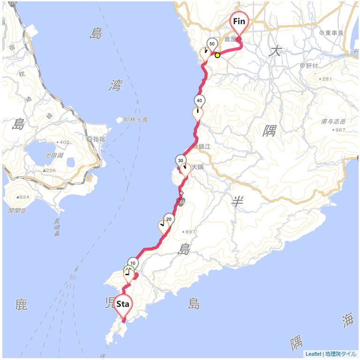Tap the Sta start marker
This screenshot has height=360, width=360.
pos(123,305)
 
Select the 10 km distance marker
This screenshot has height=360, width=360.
pos(133,263)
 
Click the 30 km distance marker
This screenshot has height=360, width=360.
pos(180,160)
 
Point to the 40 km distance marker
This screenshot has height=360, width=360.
pos(199,101)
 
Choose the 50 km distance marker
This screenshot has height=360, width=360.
pos(212,44)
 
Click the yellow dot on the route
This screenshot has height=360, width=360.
pos(217,55)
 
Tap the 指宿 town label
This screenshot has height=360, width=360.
pos(98,139)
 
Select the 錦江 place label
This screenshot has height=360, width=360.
pos(205,147)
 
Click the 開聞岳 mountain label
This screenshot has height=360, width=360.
pos(17,211)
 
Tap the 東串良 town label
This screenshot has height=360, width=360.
pos(335,33)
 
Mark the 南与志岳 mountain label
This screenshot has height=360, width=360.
pos(333,122)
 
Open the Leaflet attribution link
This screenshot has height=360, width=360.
pos(313,354)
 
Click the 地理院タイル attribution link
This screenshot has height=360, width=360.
pos(341,354)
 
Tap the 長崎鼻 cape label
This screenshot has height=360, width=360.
pos(57,227)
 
